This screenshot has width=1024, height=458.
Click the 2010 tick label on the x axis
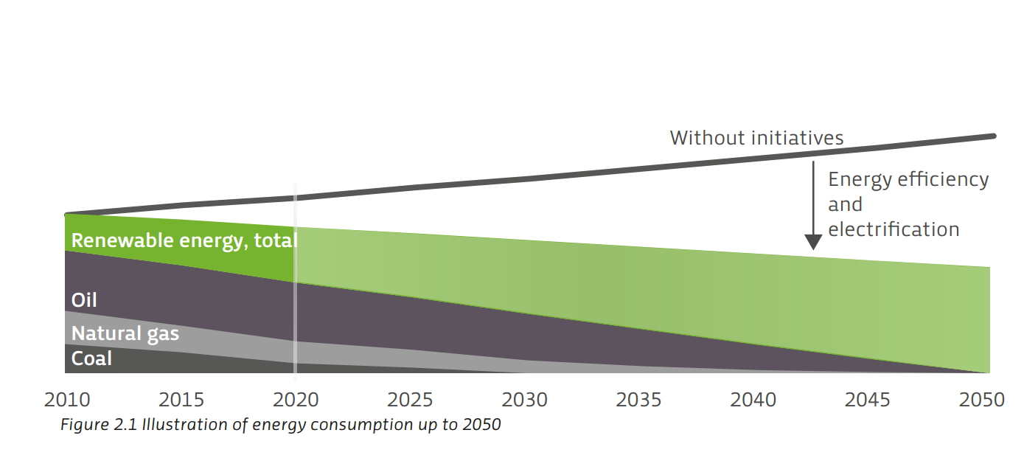(67, 400)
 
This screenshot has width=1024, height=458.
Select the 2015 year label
(181, 400)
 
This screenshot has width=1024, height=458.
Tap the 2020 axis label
(296, 400)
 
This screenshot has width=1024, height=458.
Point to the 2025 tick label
(410, 400)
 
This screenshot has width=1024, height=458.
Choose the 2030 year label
(524, 400)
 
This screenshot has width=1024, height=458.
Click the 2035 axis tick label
(638, 400)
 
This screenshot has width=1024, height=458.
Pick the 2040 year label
(753, 400)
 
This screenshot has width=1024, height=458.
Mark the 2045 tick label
(867, 400)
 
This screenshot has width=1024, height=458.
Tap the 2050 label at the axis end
(981, 400)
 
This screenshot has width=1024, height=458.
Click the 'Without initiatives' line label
(756, 138)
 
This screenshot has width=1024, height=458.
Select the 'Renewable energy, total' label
(184, 241)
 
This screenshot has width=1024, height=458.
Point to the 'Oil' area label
(84, 300)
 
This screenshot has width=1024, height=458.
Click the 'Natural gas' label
(125, 333)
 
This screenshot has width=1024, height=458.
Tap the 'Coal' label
(91, 359)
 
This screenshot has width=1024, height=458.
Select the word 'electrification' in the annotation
(894, 229)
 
